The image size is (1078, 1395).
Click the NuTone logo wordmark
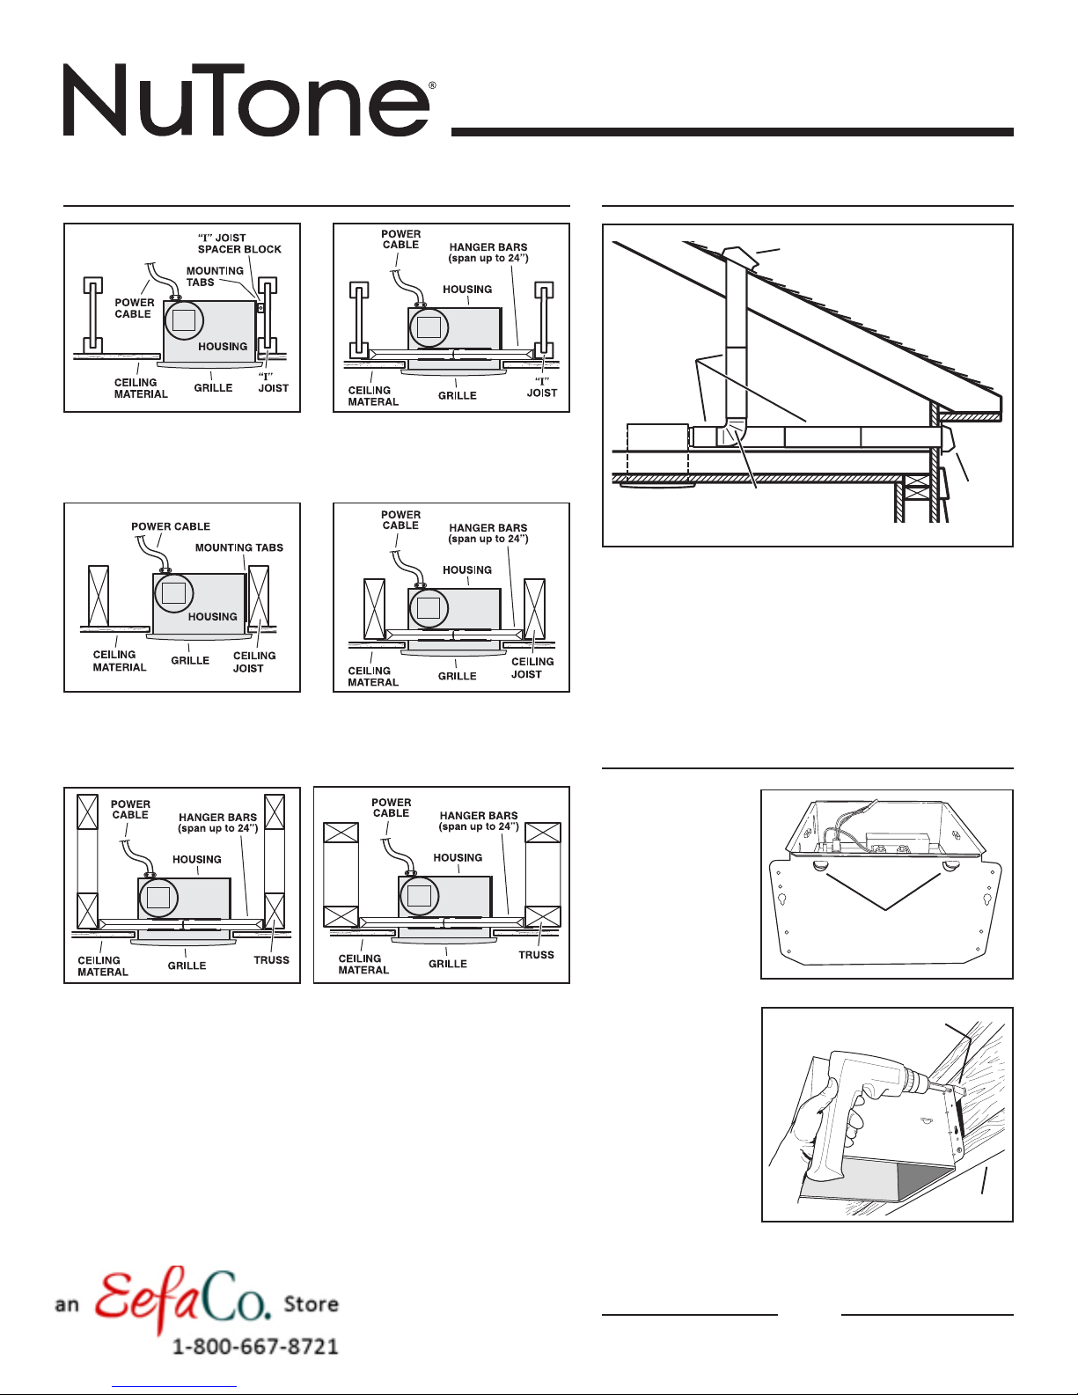point(246,100)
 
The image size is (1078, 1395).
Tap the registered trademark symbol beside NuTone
point(431,86)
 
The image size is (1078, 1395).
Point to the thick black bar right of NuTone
point(732,132)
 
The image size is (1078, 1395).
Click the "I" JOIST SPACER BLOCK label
point(239,244)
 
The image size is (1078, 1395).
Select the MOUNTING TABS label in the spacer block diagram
point(214,276)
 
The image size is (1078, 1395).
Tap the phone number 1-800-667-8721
point(255,1347)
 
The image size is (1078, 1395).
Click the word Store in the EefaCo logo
point(312,1303)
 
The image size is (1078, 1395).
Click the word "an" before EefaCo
point(67,1305)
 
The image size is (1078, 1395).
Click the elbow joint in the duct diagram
point(731,432)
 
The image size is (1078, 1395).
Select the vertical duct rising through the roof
point(736,343)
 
